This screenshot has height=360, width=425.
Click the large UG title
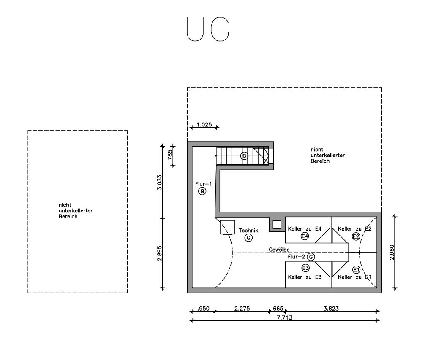(208, 29)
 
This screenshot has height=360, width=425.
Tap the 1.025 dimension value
(204, 125)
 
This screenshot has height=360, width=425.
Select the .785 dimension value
(170, 156)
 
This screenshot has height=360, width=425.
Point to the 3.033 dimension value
(159, 183)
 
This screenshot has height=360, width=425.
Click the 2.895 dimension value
(159, 253)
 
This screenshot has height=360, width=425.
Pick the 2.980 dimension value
(392, 252)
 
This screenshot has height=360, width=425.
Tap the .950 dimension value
(203, 309)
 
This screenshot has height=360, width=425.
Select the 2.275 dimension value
(242, 309)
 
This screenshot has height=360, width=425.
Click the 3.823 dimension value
(331, 309)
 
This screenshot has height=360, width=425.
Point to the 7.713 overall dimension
(284, 317)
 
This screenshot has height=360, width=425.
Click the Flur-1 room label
(204, 184)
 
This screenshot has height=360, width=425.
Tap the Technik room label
(248, 231)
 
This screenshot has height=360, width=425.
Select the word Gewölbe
(279, 250)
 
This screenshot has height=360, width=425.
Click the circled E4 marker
(305, 236)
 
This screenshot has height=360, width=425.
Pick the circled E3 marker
(305, 268)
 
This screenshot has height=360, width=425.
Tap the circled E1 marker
(356, 270)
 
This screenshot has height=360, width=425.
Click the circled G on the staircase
(244, 156)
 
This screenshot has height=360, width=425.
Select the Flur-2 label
(297, 257)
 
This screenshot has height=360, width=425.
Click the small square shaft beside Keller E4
(277, 225)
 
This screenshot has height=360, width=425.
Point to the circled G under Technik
(248, 238)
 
